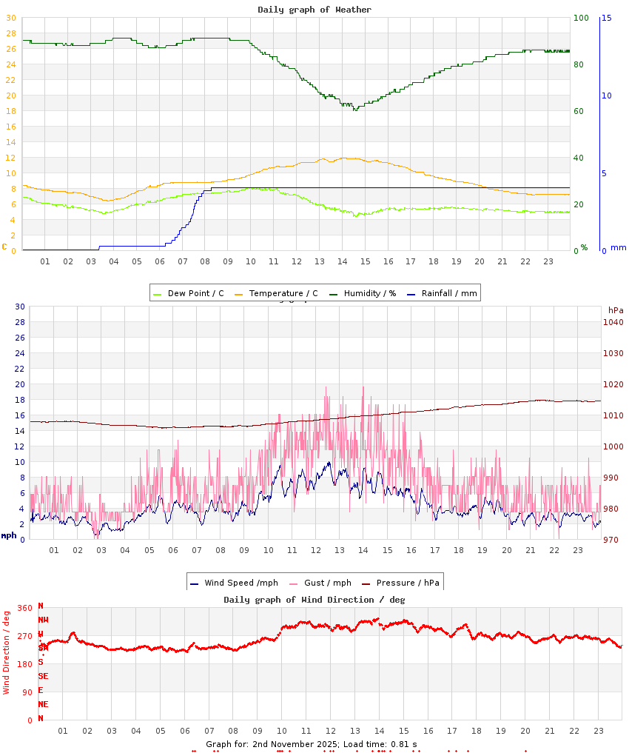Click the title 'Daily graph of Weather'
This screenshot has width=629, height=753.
point(314,10)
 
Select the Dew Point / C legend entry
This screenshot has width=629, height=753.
point(189,293)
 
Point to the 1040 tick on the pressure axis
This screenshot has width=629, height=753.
point(613,322)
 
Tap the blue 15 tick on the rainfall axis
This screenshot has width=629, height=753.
point(606,18)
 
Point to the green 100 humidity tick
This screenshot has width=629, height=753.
point(581,18)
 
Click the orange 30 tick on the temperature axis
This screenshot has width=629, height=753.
point(10,18)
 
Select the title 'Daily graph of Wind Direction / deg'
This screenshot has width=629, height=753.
point(314,600)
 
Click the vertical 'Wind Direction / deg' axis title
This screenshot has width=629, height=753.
point(7,652)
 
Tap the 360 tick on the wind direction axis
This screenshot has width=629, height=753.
point(24,608)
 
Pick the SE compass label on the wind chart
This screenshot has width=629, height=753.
point(43,676)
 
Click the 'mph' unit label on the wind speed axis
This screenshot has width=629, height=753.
point(8,535)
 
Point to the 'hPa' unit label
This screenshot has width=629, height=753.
point(616,309)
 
